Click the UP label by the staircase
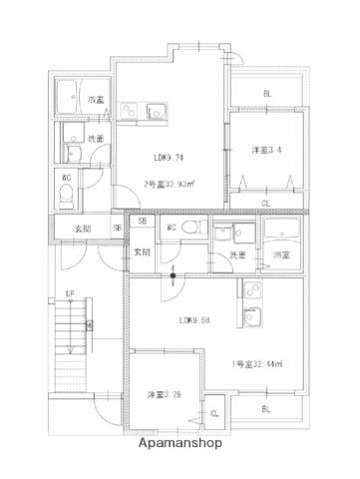click(x=70, y=293)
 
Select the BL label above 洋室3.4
click(x=267, y=94)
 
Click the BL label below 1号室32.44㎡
click(x=267, y=409)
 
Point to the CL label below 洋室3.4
click(x=265, y=204)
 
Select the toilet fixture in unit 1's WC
click(x=198, y=229)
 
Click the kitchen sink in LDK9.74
click(x=156, y=109)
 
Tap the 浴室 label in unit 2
click(x=96, y=100)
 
